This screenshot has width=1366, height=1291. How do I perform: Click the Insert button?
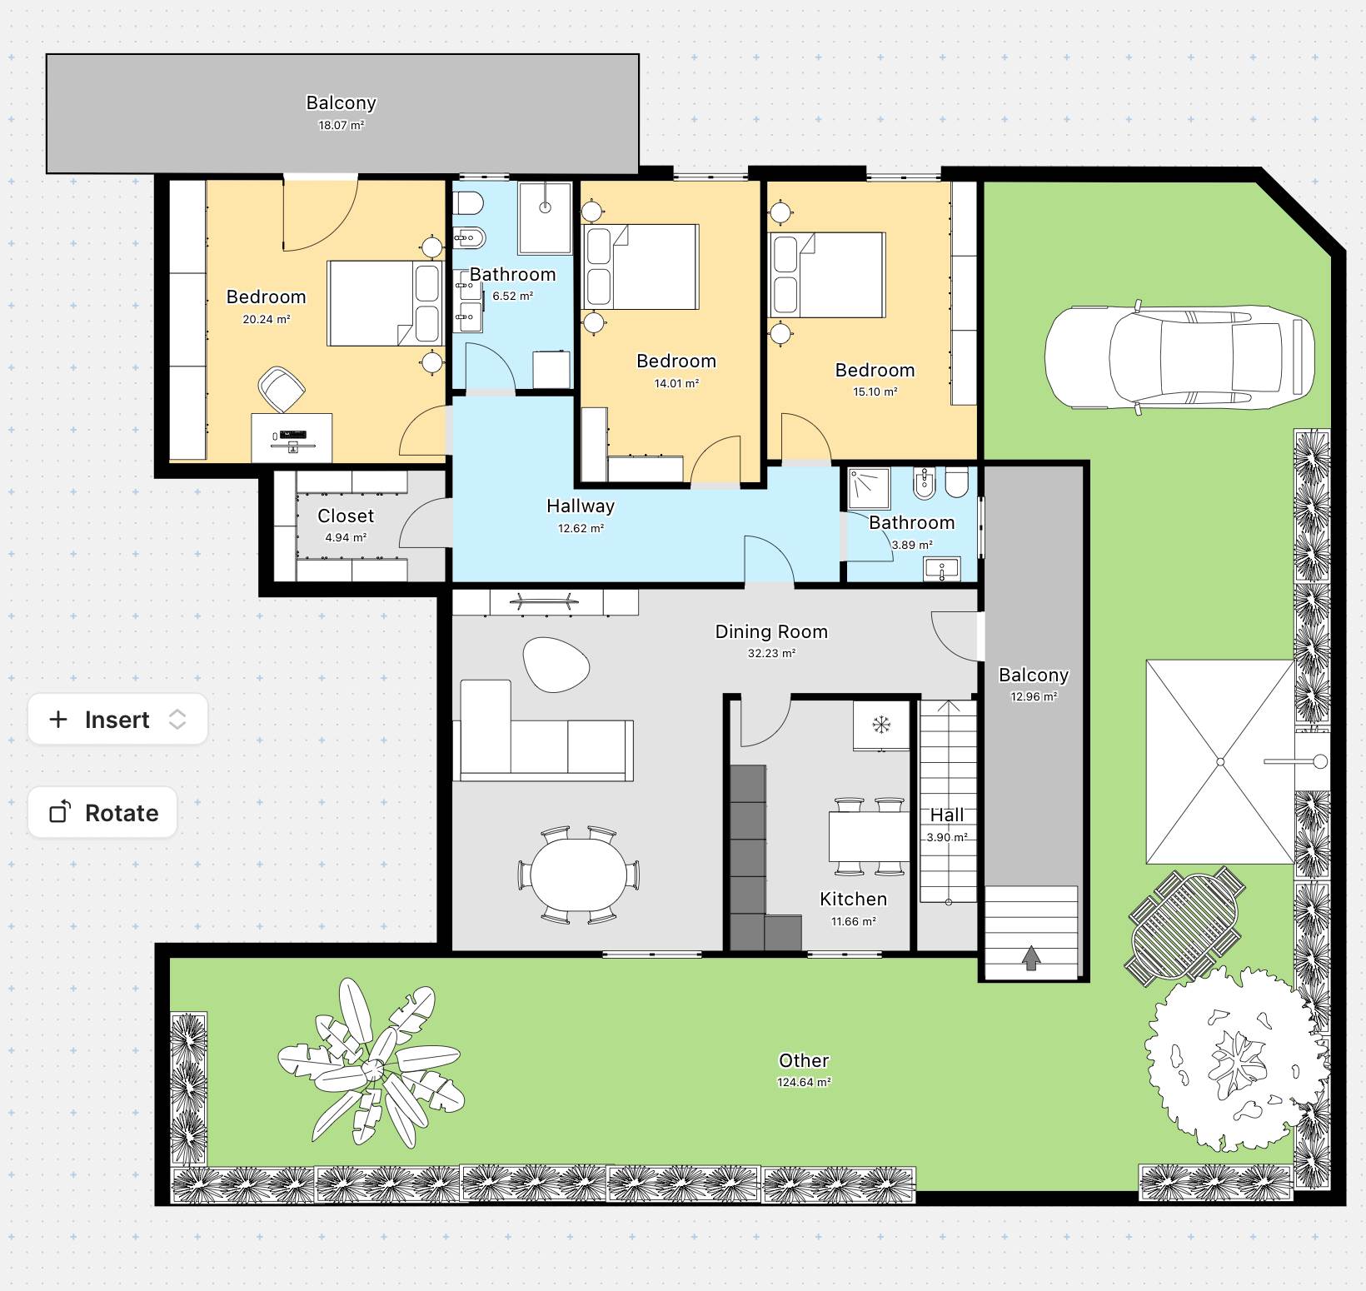[x=117, y=719]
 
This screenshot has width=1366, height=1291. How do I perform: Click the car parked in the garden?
[x=1179, y=356]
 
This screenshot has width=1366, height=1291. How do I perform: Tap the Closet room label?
[x=346, y=516]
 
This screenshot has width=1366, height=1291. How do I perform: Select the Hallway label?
[x=581, y=506]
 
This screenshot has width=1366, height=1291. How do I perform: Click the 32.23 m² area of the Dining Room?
[x=771, y=654]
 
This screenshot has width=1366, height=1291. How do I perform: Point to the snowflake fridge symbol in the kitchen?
[x=880, y=724]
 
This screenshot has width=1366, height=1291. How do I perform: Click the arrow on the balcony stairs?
[x=1031, y=958]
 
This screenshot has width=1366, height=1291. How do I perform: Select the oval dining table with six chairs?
[x=579, y=875]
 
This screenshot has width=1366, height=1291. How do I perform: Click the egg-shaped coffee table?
[x=556, y=664]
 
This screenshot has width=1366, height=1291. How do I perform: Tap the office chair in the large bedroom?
[x=281, y=388]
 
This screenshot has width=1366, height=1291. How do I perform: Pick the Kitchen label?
[x=854, y=899]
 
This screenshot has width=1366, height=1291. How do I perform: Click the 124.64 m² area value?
[x=805, y=1083]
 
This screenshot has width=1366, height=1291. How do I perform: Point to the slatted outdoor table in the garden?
[x=1186, y=925]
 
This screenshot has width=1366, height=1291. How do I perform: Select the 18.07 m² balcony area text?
[x=341, y=126]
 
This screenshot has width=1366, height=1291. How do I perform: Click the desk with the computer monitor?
[x=292, y=438]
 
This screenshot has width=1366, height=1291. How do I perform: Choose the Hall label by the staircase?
[x=947, y=815]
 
